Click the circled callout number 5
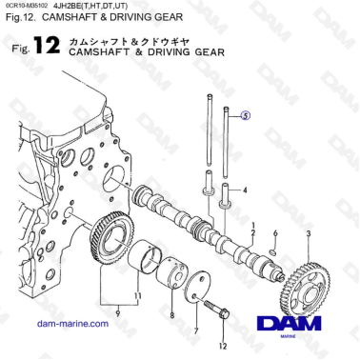[x=245, y=115]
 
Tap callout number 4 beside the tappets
[x=245, y=190]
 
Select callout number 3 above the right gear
[x=309, y=232]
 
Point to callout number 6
[x=274, y=233]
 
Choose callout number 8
[x=172, y=315]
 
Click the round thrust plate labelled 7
[x=194, y=290]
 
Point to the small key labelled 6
[x=271, y=250]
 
